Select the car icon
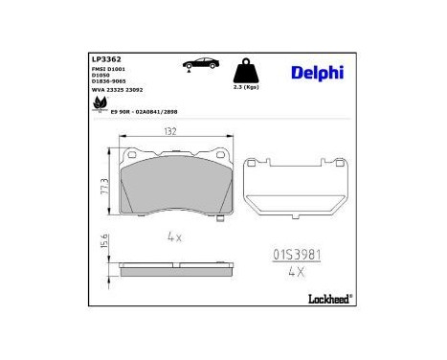(199, 64)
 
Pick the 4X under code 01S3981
(295, 271)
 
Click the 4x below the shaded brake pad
(173, 234)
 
